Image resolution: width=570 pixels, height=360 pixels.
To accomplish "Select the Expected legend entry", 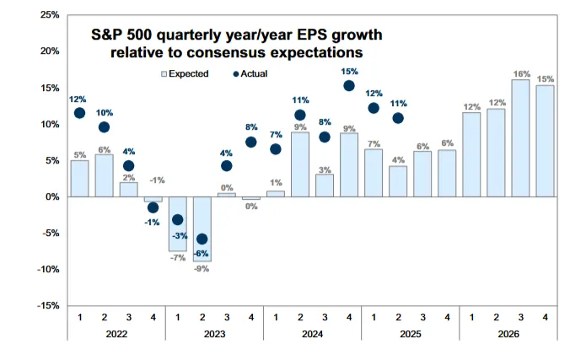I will [185, 74].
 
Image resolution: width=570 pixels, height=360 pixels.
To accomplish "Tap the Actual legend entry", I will [250, 74].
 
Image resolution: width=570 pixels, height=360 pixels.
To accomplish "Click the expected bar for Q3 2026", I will [520, 138].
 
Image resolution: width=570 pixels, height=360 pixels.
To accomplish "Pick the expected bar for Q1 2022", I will [79, 178].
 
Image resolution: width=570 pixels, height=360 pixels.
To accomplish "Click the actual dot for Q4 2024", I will [349, 85].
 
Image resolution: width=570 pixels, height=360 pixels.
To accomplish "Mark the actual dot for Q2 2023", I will [202, 239].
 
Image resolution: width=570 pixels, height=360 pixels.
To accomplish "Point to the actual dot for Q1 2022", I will [79, 113].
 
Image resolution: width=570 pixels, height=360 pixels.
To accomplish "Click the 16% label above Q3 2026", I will [520, 73].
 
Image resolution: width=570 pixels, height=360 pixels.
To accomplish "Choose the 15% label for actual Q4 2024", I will [349, 72].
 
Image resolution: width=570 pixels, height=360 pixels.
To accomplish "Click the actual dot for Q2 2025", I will [398, 118].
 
